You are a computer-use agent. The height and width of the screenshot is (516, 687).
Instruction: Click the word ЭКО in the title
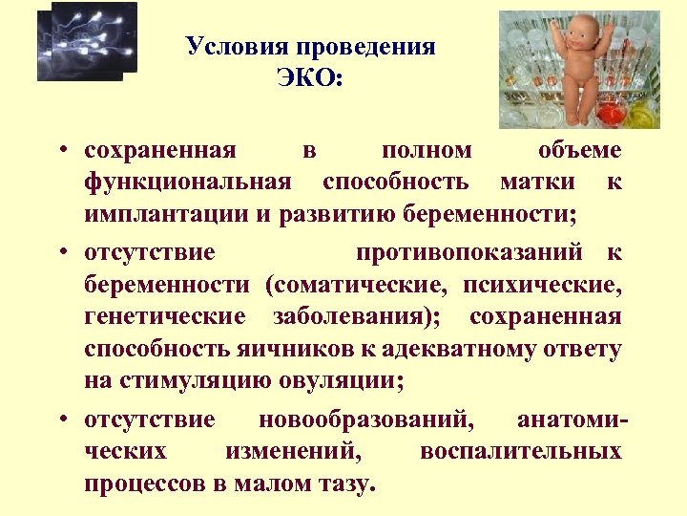[308, 77]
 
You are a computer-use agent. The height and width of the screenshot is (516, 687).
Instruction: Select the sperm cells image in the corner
[87, 41]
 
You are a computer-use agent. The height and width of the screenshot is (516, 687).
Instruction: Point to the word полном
[426, 150]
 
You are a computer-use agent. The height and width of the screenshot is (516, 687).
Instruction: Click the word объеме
[579, 150]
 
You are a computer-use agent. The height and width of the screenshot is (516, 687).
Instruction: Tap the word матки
[537, 182]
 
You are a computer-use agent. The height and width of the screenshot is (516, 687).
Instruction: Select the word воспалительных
[521, 451]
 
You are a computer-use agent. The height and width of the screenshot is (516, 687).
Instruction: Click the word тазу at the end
[342, 484]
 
